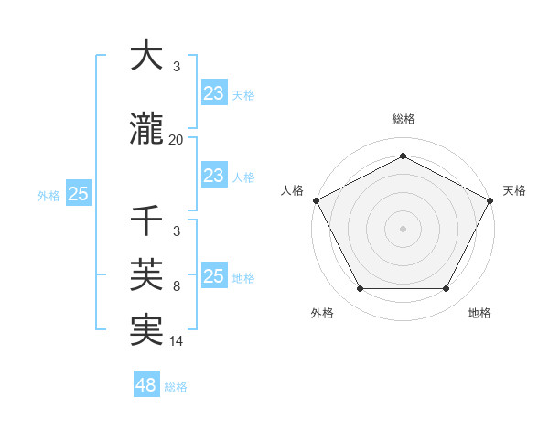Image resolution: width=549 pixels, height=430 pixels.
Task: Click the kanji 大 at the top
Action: pos(146,57)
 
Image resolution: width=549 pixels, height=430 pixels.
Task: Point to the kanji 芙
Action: pos(146,274)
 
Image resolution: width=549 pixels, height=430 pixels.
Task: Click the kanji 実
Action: pos(146,329)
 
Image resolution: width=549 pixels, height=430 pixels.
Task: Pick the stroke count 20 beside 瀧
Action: pos(177,140)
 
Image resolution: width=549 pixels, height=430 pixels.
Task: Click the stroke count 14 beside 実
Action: pos(177,341)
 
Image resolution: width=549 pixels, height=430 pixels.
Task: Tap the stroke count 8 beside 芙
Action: pos(177,286)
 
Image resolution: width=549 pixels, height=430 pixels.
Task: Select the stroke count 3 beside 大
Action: pos(177,68)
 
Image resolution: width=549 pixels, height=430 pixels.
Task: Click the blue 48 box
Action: pos(145,385)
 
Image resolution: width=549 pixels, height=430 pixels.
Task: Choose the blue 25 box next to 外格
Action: pos(78,194)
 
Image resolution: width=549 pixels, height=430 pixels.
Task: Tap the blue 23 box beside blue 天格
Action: pos(213,92)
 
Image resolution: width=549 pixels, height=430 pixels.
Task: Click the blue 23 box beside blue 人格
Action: pos(213,176)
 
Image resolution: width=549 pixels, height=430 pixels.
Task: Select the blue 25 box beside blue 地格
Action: pos(213,276)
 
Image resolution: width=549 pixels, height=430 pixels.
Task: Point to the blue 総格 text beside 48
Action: pos(176,387)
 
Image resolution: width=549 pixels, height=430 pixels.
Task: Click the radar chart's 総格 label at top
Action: pos(403,119)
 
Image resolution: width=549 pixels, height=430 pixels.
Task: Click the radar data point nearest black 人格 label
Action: pos(316,200)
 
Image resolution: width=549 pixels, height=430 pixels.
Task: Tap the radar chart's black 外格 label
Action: pos(322,313)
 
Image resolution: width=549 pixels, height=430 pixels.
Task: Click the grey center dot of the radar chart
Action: pos(403,228)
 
